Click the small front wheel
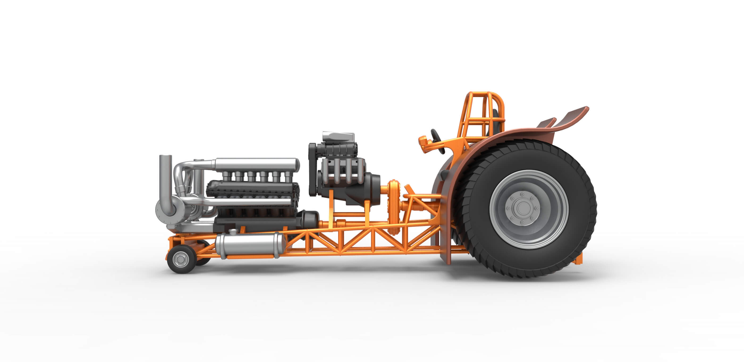pyautogui.click(x=180, y=259)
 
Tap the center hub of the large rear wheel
pyautogui.click(x=523, y=208)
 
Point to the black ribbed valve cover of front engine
pyautogui.click(x=251, y=188)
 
